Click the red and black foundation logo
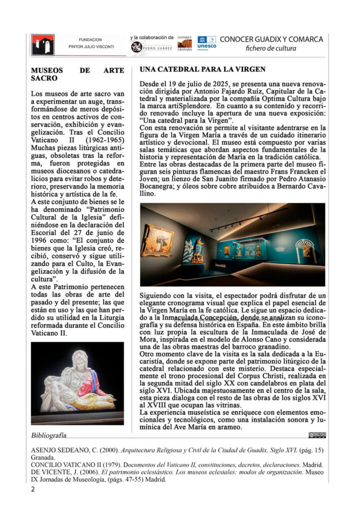click(x=42, y=44)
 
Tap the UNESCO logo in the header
click(x=206, y=42)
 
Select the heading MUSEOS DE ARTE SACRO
click(x=77, y=74)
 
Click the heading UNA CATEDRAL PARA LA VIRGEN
click(x=202, y=69)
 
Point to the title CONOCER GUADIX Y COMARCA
click(x=271, y=39)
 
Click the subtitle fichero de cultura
click(x=271, y=48)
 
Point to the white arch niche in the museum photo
click(x=304, y=248)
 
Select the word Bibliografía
click(x=48, y=435)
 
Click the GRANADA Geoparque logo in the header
click(x=184, y=45)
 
